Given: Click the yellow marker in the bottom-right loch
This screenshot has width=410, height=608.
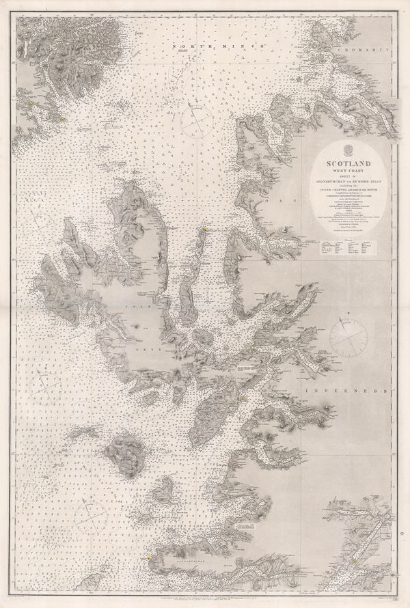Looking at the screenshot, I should [355, 562].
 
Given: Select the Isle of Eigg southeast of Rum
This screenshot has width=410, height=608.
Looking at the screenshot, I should [163, 488].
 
